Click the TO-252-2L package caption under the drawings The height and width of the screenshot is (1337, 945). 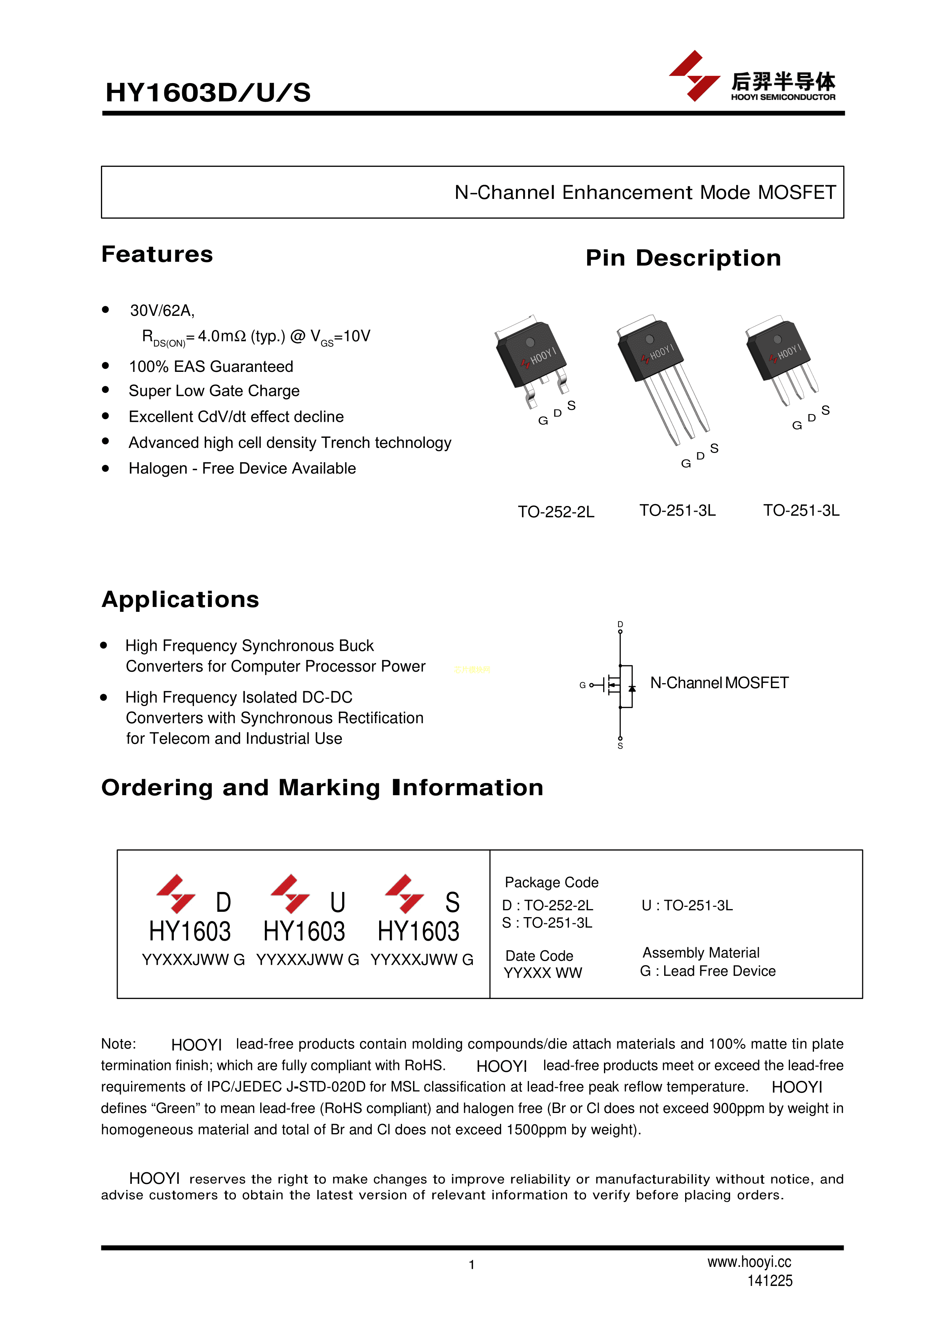[556, 512]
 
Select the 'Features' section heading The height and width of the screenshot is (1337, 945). [157, 255]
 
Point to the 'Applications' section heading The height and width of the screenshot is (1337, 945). [180, 600]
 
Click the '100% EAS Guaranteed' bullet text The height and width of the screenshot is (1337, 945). [211, 367]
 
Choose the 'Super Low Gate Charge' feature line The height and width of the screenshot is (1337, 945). [214, 391]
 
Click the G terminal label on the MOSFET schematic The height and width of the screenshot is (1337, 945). [582, 685]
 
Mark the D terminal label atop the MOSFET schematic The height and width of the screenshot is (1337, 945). [620, 624]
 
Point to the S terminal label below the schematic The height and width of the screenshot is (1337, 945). [620, 746]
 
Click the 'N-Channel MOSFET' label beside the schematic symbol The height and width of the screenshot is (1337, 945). [719, 683]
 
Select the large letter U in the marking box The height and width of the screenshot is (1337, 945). [338, 903]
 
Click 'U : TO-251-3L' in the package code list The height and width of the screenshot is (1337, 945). [687, 906]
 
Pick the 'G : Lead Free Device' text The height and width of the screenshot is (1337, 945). [708, 971]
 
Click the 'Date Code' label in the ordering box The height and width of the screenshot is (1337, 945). [539, 956]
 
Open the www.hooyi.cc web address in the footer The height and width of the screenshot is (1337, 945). [749, 1262]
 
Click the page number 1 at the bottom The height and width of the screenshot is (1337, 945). [472, 1265]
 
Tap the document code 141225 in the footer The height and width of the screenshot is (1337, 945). [770, 1281]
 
